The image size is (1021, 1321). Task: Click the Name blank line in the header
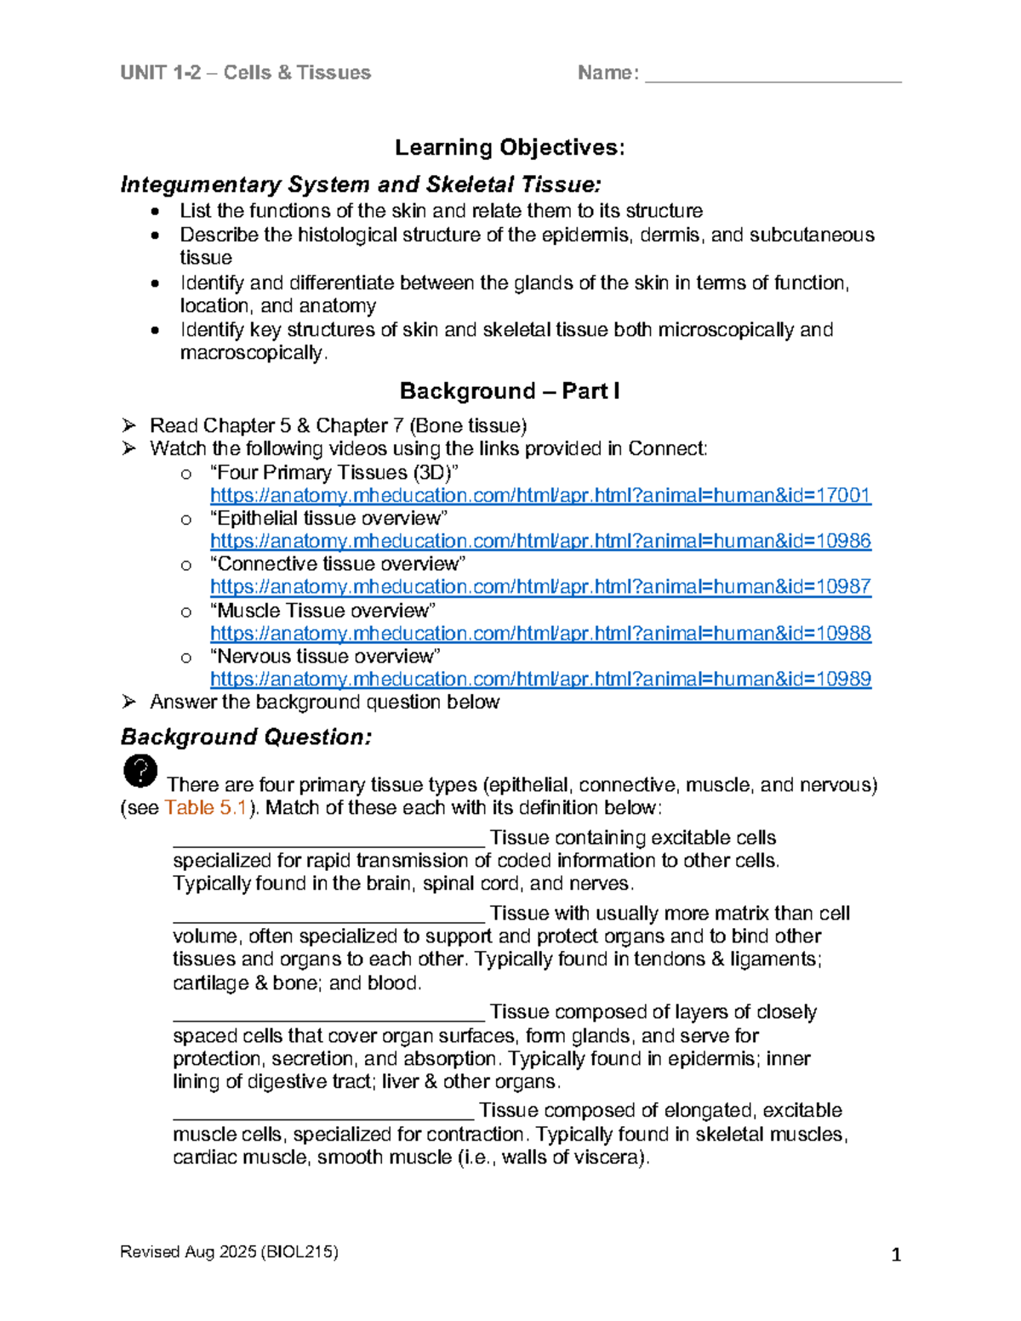click(x=773, y=77)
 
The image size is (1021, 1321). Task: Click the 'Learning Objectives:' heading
click(x=510, y=147)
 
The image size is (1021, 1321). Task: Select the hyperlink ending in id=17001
click(x=540, y=495)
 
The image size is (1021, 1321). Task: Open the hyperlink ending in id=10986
click(x=540, y=541)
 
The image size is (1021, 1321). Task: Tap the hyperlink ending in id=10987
click(x=540, y=587)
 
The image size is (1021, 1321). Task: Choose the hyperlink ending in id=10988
click(x=540, y=634)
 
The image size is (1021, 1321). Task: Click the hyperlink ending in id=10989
click(x=540, y=680)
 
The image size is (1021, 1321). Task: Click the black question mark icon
click(x=140, y=771)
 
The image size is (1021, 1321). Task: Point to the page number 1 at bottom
click(x=895, y=1255)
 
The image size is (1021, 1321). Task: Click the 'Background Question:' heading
click(x=246, y=737)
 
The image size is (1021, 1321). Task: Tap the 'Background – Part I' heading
click(x=510, y=391)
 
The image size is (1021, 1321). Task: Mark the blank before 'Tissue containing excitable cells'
click(x=328, y=840)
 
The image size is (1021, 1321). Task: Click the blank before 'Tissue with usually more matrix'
click(x=328, y=916)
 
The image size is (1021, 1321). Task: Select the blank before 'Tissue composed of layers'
click(x=328, y=1015)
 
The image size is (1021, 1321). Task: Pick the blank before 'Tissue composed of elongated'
click(x=323, y=1113)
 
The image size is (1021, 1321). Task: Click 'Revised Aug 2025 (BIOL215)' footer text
click(x=229, y=1251)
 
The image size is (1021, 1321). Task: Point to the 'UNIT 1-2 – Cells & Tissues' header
click(x=246, y=73)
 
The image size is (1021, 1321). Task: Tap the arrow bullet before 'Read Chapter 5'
click(x=129, y=425)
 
